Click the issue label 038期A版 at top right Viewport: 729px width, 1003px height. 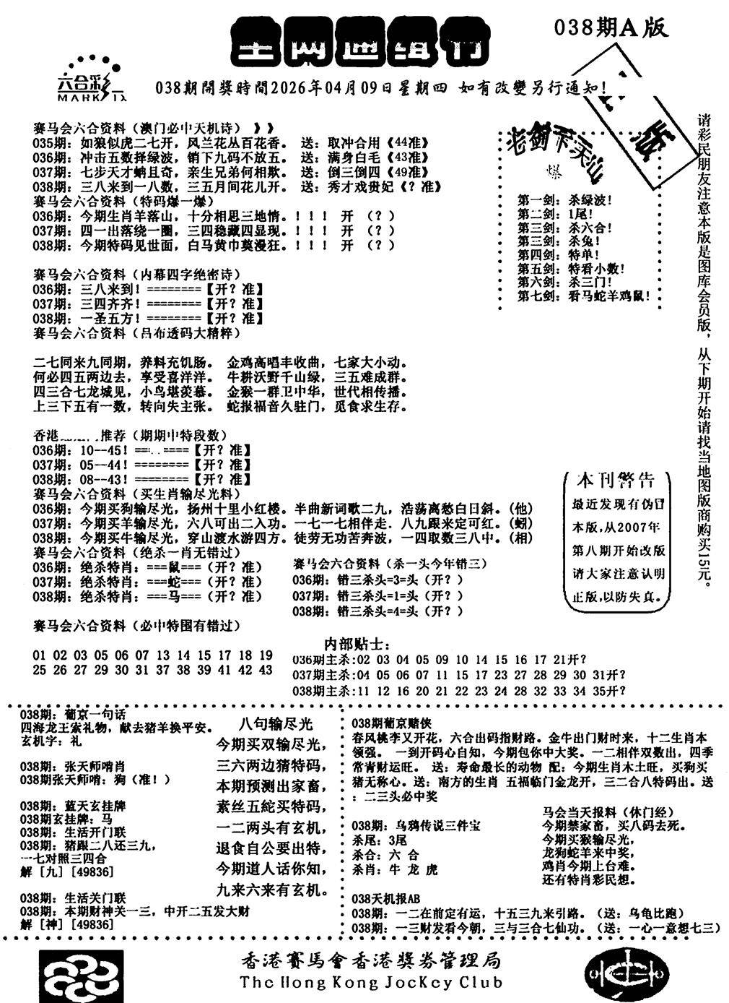point(611,27)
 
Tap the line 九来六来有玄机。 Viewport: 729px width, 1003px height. point(273,888)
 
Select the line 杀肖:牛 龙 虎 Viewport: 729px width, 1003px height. point(394,870)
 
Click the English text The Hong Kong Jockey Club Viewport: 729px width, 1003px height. point(371,982)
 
